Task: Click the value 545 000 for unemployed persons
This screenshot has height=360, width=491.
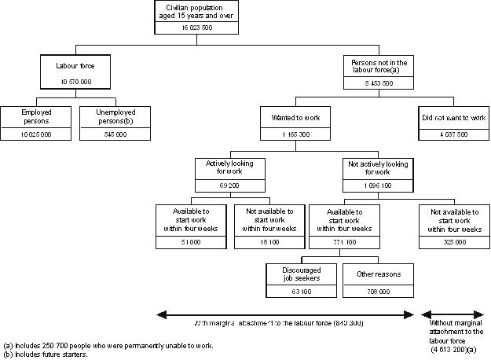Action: pyautogui.click(x=110, y=134)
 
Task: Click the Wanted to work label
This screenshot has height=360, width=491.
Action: pyautogui.click(x=294, y=118)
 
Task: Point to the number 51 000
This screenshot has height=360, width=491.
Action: pyautogui.click(x=191, y=244)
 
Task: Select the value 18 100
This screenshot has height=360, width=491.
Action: pyautogui.click(x=269, y=244)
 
